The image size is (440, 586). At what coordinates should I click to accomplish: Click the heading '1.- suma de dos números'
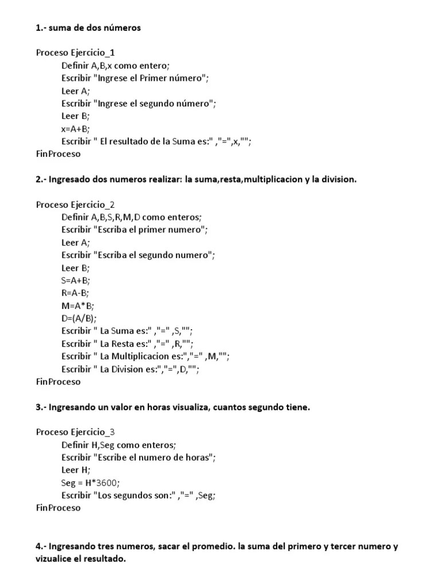(88, 27)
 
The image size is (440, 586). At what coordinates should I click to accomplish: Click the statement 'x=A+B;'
(76, 129)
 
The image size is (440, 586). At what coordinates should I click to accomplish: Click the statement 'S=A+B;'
(76, 280)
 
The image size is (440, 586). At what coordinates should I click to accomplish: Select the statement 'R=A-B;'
(75, 293)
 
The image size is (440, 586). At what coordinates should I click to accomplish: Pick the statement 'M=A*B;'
(77, 306)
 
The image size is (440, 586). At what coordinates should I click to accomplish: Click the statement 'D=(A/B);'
(79, 318)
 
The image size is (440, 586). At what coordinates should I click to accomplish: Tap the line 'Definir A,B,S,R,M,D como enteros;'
(132, 217)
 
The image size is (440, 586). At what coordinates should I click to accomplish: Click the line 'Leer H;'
(76, 470)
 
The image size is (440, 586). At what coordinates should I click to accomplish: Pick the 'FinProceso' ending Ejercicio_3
(58, 508)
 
